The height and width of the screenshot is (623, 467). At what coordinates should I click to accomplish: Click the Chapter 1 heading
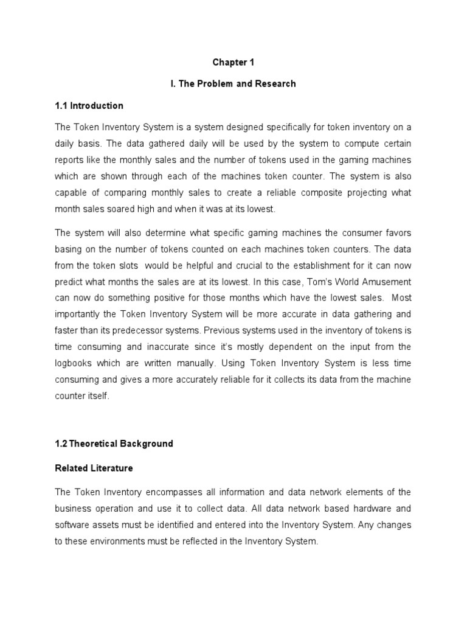coord(233,62)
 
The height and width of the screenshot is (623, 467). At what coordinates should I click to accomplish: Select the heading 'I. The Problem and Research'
coord(233,83)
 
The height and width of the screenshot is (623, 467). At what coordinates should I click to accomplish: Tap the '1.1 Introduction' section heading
coord(89,105)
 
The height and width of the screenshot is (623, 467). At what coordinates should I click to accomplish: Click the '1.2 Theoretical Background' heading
coord(114,444)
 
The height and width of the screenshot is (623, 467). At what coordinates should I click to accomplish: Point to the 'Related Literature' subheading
coord(94,468)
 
